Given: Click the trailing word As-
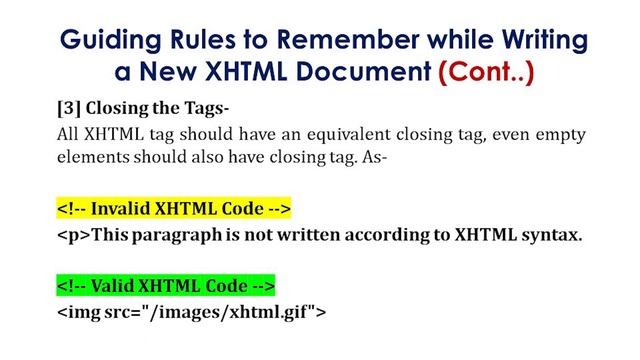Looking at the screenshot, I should coord(387,157).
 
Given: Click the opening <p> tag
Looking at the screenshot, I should coord(69,235).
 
